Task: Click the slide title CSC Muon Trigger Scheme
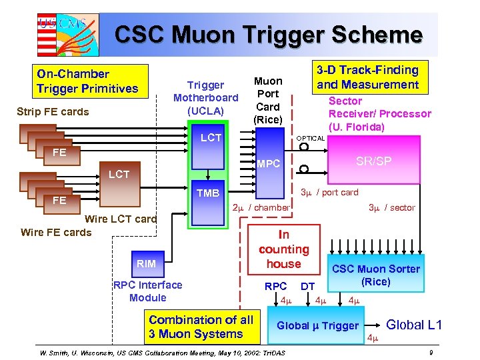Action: pos(269,34)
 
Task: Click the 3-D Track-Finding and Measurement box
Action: pos(367,77)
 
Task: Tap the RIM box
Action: pos(146,263)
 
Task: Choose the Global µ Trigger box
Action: pos(318,325)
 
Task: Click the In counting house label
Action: pos(284,249)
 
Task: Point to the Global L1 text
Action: pos(414,325)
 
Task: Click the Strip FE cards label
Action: pos(53,111)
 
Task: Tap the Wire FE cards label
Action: pos(56,232)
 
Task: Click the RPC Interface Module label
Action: pos(148,291)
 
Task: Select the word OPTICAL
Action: pos(310,138)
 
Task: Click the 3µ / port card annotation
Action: pos(329,193)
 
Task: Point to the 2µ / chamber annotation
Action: pos(260,207)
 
